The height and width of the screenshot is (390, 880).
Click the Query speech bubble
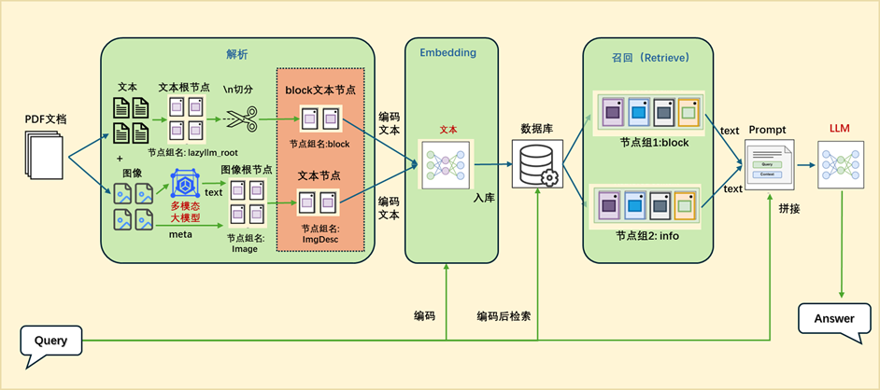pyautogui.click(x=50, y=341)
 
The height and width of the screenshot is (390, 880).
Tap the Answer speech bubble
pyautogui.click(x=834, y=318)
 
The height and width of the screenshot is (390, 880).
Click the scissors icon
pyautogui.click(x=240, y=119)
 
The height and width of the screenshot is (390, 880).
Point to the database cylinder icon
pyautogui.click(x=535, y=163)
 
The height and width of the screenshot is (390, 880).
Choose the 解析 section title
pyautogui.click(x=237, y=54)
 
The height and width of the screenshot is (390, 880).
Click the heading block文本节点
pyautogui.click(x=322, y=90)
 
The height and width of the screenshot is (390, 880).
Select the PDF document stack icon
pyautogui.click(x=42, y=153)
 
